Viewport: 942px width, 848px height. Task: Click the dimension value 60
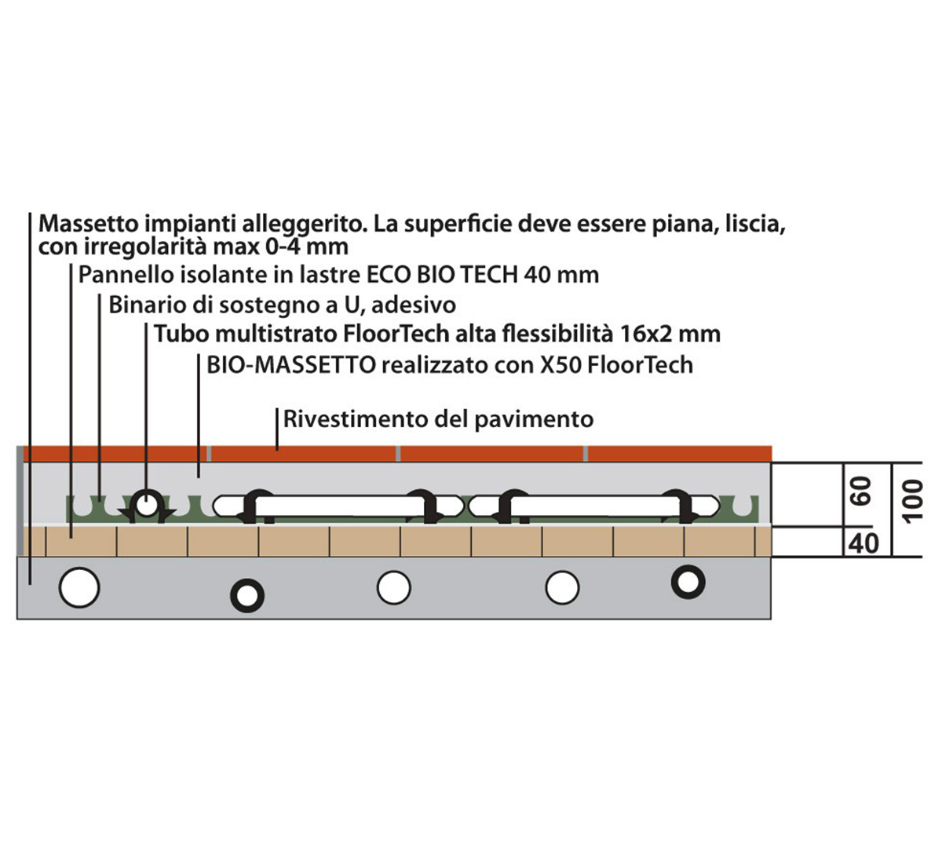(862, 493)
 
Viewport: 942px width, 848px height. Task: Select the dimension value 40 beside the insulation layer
(864, 543)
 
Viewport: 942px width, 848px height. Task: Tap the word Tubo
(181, 334)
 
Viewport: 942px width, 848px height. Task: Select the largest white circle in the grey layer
(80, 587)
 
